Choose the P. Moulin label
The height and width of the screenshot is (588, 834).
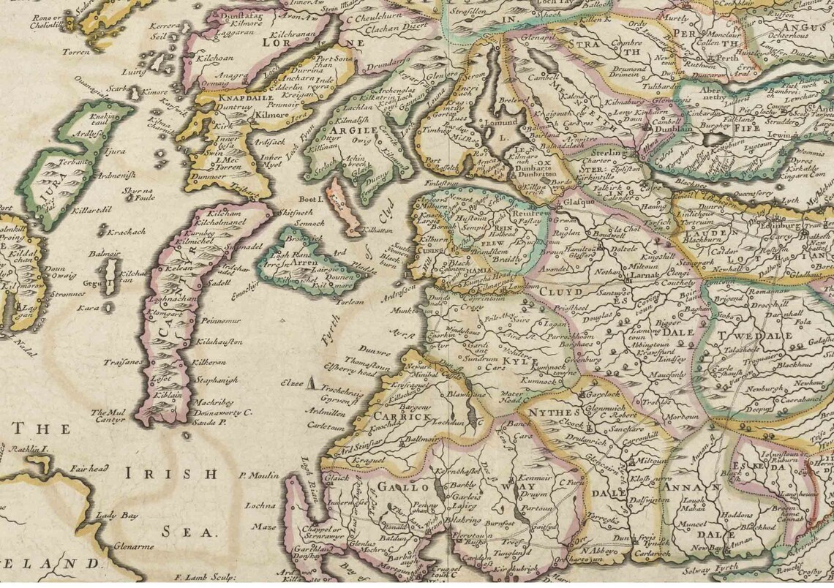(x=259, y=476)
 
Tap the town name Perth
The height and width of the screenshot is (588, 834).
(x=707, y=58)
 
